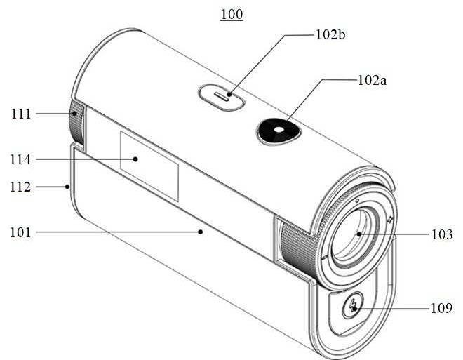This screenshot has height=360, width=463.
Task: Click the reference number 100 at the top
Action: (x=232, y=14)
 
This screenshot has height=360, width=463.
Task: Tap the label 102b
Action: (x=330, y=34)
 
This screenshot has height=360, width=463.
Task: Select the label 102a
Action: (x=372, y=80)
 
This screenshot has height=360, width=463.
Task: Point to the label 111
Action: (x=21, y=114)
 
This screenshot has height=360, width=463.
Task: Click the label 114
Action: (x=20, y=159)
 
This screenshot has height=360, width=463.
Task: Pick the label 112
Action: (x=20, y=187)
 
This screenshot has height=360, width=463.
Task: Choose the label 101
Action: (x=20, y=232)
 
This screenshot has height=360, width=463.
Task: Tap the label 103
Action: (x=442, y=234)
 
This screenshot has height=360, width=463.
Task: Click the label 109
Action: (x=442, y=308)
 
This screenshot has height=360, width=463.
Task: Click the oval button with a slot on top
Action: (x=222, y=98)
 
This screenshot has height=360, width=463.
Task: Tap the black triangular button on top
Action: (x=279, y=131)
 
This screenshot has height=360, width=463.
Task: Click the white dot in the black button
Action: (x=279, y=130)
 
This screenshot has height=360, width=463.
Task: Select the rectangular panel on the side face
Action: (x=149, y=166)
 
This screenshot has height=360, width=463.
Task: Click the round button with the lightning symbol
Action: (x=353, y=305)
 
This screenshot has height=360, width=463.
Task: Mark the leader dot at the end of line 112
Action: (x=67, y=187)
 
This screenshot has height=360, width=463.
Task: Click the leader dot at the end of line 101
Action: (x=201, y=232)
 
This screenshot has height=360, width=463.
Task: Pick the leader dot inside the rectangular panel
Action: (x=135, y=159)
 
